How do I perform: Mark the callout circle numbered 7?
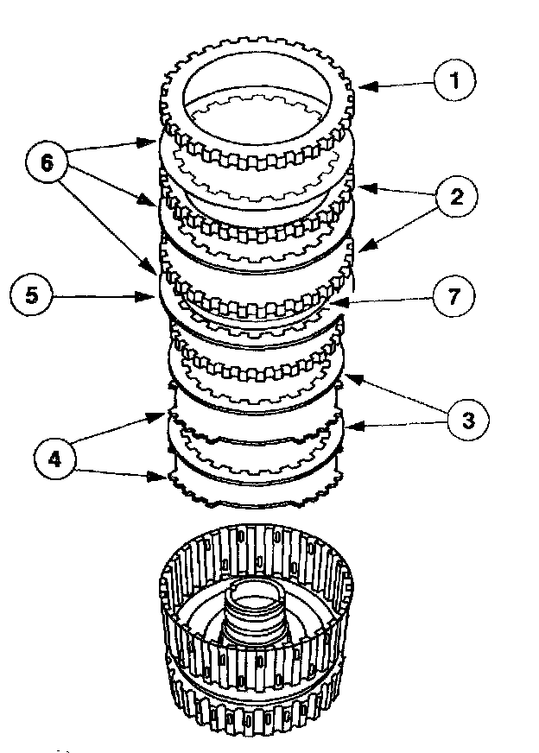(453, 296)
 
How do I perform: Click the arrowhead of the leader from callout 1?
(362, 85)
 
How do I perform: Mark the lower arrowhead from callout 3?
(347, 425)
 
